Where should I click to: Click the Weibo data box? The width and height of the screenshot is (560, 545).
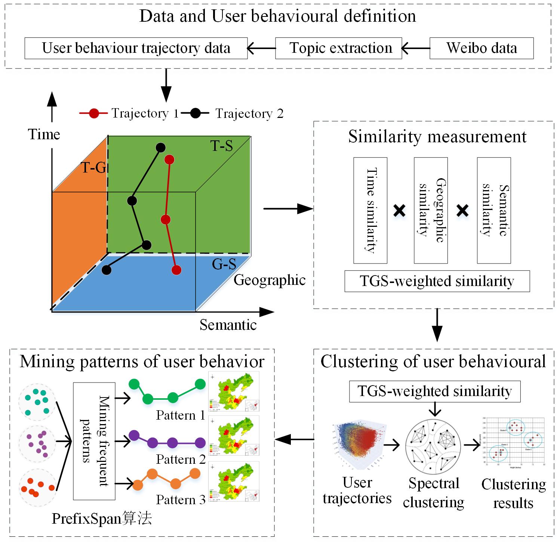481,48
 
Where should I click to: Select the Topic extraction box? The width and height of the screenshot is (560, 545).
338,48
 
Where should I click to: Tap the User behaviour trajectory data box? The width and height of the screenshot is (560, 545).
136,48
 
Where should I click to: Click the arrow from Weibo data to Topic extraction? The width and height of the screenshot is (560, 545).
416,48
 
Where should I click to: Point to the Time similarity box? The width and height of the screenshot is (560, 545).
370,210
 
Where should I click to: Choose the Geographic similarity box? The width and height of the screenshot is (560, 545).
431,210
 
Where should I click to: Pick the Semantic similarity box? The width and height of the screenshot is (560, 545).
494,210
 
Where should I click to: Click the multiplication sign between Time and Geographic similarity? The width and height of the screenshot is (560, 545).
400,211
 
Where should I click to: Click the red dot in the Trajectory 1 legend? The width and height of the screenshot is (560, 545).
94,113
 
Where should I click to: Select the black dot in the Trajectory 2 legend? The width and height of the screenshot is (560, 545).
195,113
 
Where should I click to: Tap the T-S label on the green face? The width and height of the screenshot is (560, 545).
222,146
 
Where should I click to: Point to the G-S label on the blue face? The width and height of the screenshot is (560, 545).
224,264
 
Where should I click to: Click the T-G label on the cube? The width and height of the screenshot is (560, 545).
93,168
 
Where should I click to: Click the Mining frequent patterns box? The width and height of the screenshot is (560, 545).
94,441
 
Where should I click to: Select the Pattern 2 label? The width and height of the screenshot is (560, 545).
181,459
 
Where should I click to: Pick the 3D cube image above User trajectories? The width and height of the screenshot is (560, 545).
357,445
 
